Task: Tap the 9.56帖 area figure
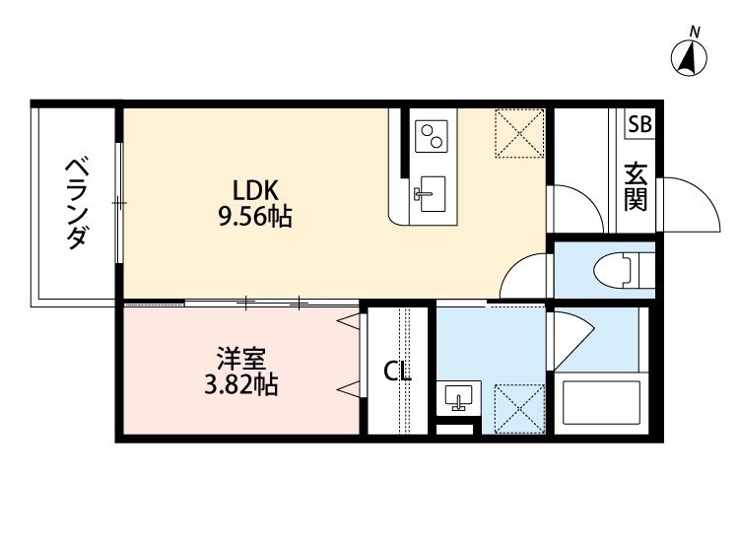[254, 218]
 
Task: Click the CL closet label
[397, 373]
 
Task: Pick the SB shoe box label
[639, 124]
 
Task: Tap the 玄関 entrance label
[636, 186]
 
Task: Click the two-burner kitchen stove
[431, 136]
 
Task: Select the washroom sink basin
[458, 398]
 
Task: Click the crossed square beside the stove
[518, 132]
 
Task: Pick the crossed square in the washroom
[518, 406]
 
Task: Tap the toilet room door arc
[526, 277]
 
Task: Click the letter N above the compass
[695, 33]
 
